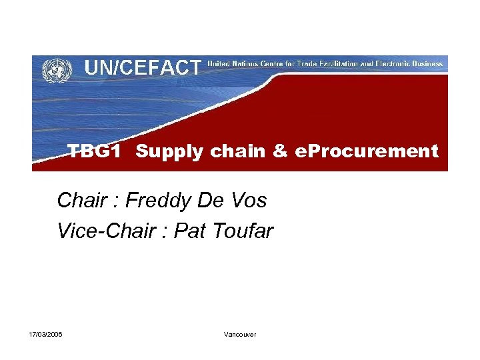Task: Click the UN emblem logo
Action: click(x=57, y=69)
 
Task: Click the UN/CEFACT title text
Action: click(x=142, y=67)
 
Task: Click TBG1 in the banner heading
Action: click(x=95, y=152)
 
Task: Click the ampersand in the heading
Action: click(x=279, y=152)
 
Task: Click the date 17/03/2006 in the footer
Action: click(x=46, y=334)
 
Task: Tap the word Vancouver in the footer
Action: click(x=240, y=334)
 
